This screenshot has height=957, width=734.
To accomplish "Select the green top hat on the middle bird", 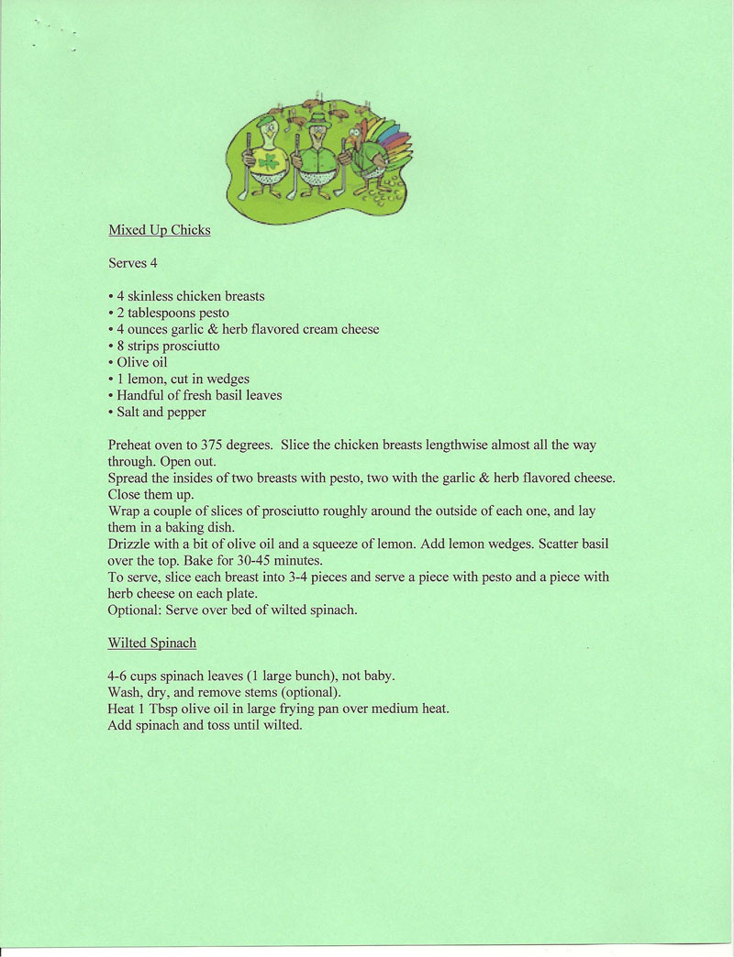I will point(317,119).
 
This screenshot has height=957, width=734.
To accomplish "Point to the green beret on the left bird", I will point(265,120).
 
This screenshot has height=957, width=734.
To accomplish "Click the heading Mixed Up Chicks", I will point(159,230).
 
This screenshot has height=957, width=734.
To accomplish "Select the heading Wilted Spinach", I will point(151,643).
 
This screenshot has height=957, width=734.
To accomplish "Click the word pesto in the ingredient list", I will point(211,313).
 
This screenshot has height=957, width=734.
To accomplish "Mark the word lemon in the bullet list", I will point(148,379).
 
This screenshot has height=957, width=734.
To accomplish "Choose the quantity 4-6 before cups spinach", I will point(118,676).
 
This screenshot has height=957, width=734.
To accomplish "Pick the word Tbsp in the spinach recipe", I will point(167,709).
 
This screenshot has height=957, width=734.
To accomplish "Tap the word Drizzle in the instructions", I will point(132,544).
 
